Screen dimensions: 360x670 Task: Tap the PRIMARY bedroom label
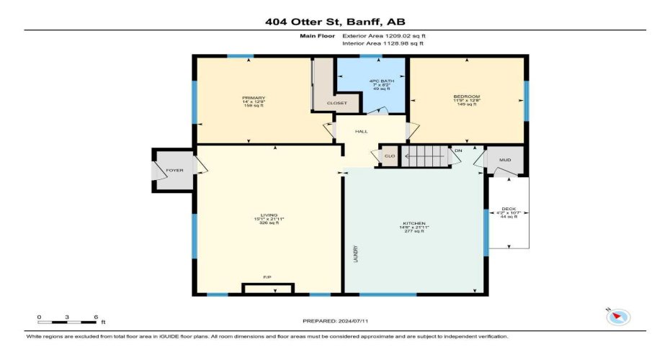(254, 98)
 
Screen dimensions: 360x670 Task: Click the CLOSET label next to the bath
(336, 103)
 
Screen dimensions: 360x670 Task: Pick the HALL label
(362, 131)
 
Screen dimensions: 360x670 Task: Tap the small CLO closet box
(390, 156)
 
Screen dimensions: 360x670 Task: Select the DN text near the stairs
(458, 150)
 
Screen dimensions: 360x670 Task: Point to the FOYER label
(174, 171)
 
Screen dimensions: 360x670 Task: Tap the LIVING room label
(269, 215)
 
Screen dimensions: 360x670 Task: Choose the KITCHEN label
(414, 223)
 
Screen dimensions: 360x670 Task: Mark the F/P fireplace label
(267, 276)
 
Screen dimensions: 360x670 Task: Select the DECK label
(509, 210)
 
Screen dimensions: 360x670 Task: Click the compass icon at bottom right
(619, 316)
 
